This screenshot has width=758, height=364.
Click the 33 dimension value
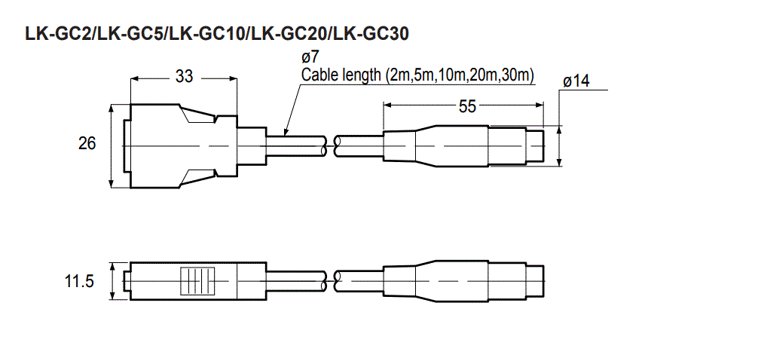(x=185, y=77)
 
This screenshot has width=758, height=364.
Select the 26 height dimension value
(x=87, y=143)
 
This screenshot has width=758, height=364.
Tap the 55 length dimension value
(x=467, y=107)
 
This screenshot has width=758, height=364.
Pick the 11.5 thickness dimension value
(x=79, y=282)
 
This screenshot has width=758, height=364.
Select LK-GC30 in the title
(x=375, y=34)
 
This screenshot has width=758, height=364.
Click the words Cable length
(x=341, y=75)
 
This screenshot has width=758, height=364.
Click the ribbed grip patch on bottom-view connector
(x=198, y=281)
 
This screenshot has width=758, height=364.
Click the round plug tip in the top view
(x=535, y=145)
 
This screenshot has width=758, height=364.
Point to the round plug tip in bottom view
(x=535, y=281)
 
